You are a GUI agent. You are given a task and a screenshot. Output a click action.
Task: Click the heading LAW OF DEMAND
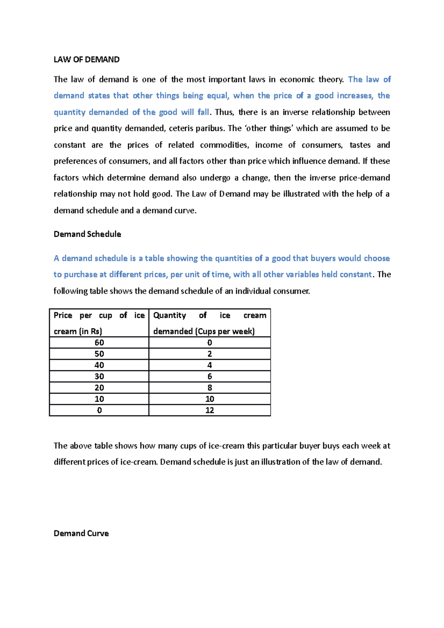tap(86, 60)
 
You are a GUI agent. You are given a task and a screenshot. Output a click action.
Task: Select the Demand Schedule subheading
tap(87, 234)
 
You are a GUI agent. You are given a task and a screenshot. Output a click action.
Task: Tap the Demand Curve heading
tap(81, 533)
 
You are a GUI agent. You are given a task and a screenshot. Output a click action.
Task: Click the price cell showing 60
tap(99, 342)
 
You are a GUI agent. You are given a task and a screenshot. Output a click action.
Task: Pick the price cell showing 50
tap(99, 354)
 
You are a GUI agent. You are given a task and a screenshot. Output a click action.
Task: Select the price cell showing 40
tap(99, 365)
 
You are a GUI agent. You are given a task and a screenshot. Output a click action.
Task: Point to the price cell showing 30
tap(99, 377)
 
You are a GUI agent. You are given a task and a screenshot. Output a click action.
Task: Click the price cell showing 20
tap(99, 388)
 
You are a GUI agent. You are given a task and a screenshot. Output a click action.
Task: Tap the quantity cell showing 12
tap(209, 410)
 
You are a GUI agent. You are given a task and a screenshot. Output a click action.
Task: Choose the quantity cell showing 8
tap(209, 388)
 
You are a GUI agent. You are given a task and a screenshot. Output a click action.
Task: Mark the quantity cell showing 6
tap(209, 377)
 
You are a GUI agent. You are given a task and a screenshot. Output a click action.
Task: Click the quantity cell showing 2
tap(209, 354)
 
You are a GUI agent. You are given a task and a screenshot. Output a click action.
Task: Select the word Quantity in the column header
tap(169, 315)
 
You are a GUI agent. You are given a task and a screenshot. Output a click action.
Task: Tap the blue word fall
tap(203, 112)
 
